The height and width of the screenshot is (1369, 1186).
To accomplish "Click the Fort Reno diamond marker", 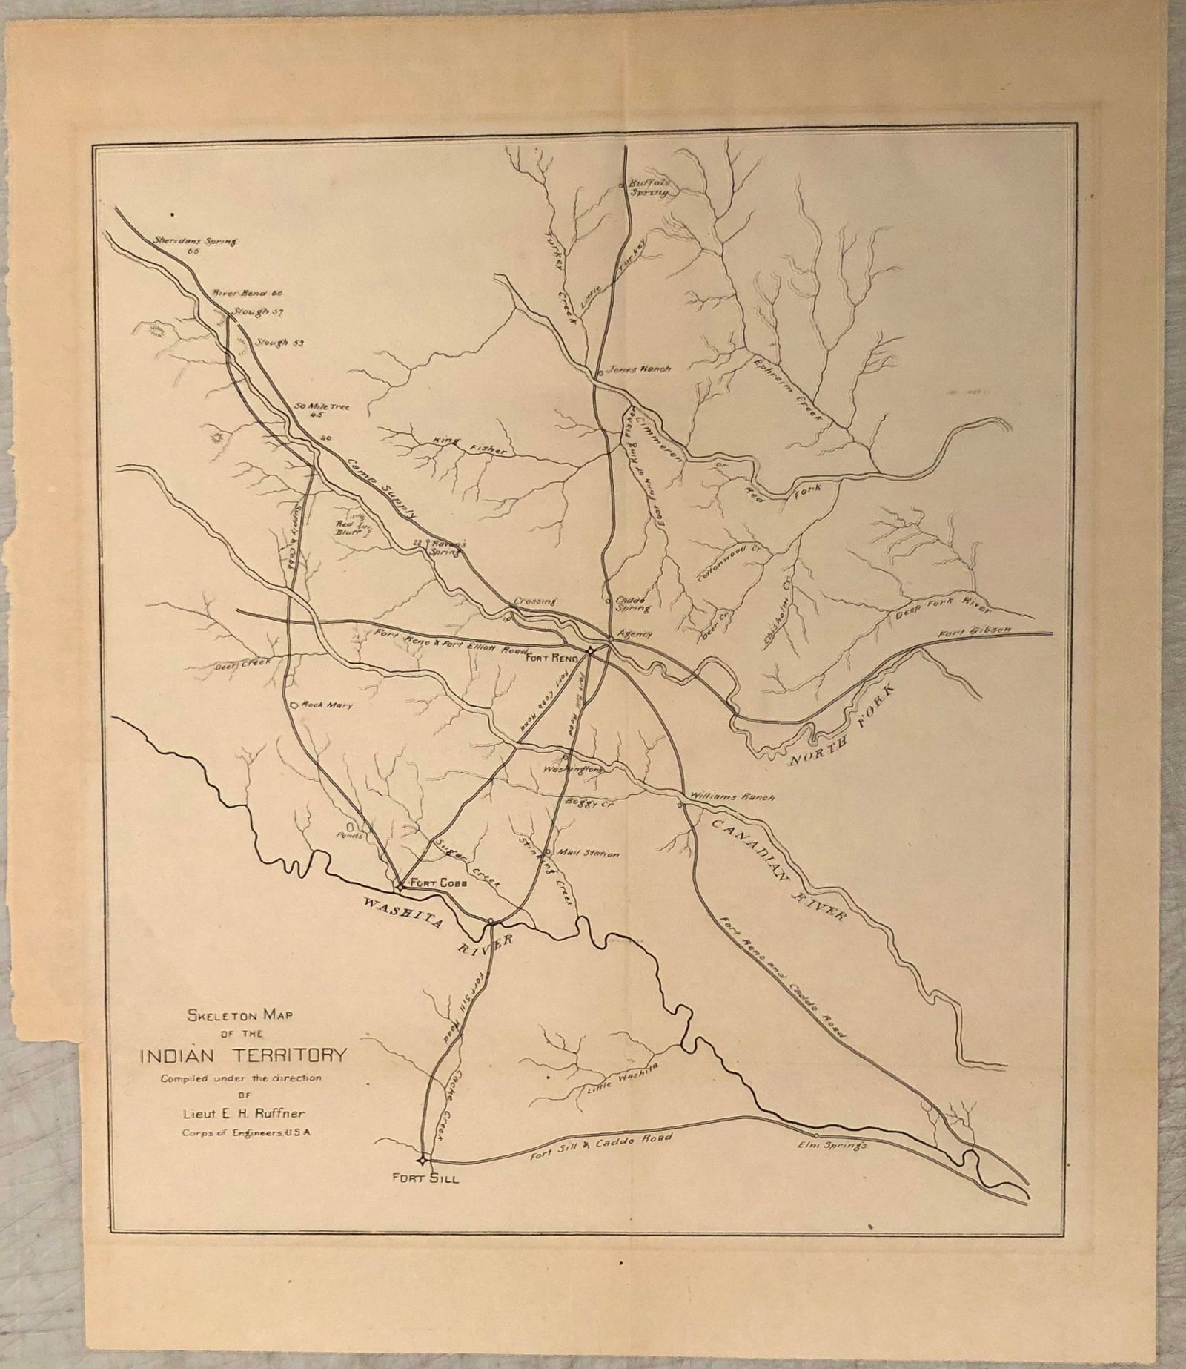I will tap(590, 650).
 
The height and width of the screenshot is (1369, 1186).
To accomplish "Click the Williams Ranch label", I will tap(732, 797).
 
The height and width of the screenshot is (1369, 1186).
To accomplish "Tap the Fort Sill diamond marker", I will tap(422, 1160).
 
